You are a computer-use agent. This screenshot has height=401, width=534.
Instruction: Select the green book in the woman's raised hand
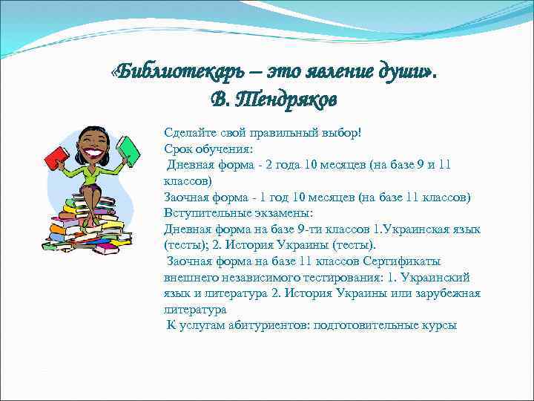[x=128, y=150]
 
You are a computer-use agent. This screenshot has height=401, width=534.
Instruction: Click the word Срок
[x=179, y=149]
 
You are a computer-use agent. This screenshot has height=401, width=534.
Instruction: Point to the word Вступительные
[x=202, y=213]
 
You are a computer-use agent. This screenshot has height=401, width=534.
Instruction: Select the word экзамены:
[x=276, y=213]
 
